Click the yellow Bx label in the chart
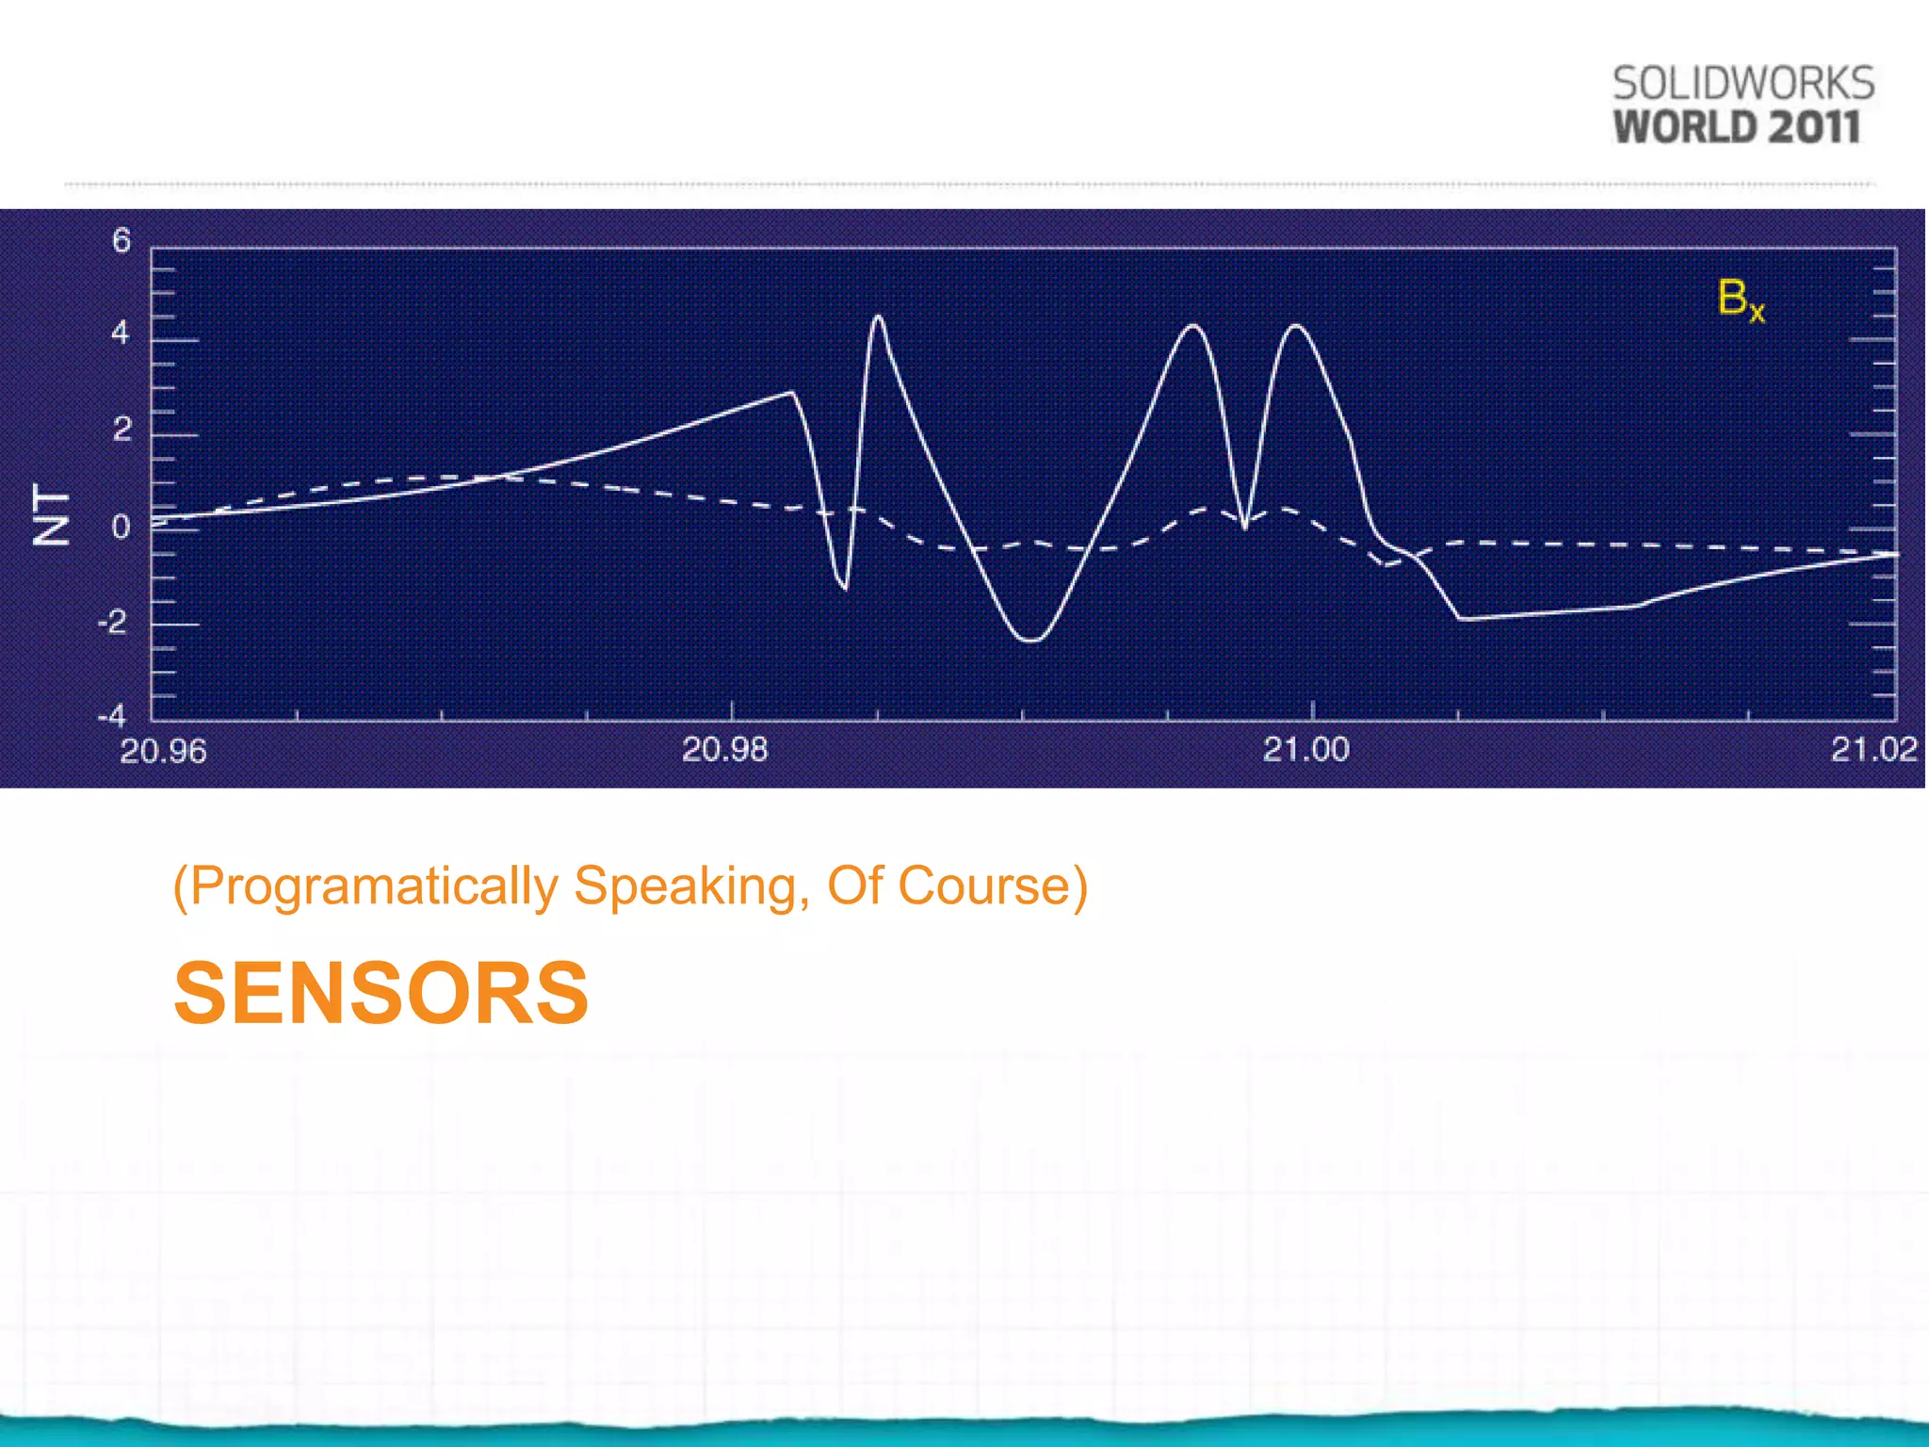1741,300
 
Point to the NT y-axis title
52,515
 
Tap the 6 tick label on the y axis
122,241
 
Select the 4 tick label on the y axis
121,333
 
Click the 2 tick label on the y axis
122,430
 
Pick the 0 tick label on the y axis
122,527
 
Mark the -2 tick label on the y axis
113,622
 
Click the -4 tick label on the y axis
112,716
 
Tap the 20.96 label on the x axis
163,752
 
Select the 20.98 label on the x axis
724,750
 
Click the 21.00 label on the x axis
1305,750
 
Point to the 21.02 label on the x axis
1873,750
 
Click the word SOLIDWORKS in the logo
1743,84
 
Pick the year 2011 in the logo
1814,127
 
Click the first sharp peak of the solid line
878,317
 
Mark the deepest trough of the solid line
1031,641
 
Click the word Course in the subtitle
984,886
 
